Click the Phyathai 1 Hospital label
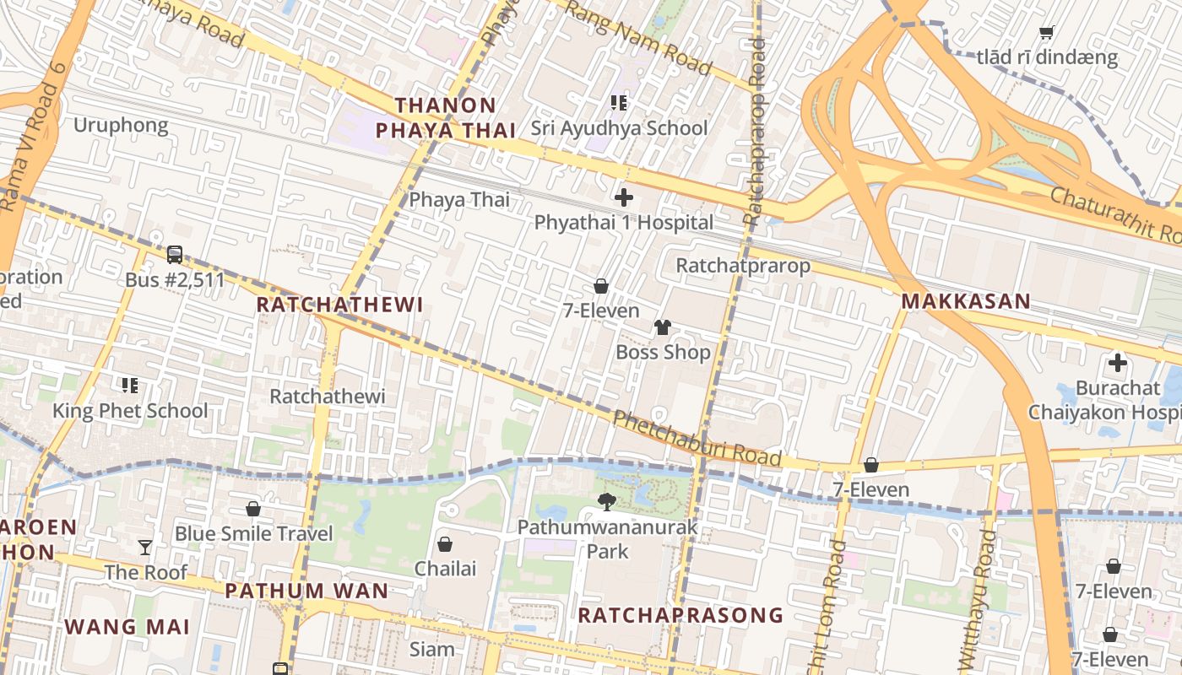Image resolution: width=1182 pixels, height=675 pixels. (624, 223)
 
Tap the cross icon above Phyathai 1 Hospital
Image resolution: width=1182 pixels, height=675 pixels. (624, 197)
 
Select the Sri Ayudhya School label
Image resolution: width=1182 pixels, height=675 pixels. (619, 128)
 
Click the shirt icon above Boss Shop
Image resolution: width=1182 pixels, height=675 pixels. (662, 327)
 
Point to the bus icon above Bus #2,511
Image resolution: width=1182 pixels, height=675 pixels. (175, 254)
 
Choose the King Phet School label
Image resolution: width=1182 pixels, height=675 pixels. (130, 411)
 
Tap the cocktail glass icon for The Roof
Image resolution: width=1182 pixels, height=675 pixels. (145, 548)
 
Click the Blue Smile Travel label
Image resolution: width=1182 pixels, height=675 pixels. (253, 534)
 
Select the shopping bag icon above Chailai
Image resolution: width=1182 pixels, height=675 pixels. (445, 544)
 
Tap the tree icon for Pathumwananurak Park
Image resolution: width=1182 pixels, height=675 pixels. (607, 503)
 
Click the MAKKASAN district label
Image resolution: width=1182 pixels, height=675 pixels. (966, 301)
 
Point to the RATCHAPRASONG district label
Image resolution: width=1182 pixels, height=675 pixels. (680, 615)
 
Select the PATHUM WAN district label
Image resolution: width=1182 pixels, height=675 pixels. (306, 591)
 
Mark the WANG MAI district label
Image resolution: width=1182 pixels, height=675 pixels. (127, 627)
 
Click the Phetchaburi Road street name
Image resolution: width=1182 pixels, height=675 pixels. (697, 438)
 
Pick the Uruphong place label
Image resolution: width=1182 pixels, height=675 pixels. (121, 126)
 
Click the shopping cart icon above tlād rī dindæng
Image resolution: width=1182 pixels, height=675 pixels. (1047, 33)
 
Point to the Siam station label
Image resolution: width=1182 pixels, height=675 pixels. (431, 650)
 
